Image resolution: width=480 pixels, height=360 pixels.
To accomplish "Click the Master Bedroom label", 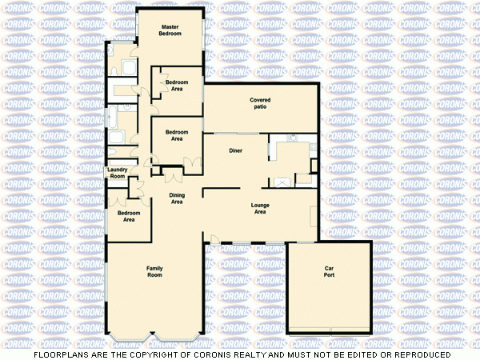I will point(170,30).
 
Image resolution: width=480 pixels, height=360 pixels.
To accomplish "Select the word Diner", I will point(235,150).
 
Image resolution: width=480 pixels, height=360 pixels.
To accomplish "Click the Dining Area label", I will point(177,198).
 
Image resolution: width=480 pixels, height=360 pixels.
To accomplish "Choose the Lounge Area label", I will point(259,208).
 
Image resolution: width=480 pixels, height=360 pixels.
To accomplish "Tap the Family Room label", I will point(154,271).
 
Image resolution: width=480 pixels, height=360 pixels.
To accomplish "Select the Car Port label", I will point(328,271).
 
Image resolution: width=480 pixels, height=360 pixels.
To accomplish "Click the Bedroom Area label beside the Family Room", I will point(128,216).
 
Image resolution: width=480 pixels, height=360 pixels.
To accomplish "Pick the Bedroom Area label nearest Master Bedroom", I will point(177,86).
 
